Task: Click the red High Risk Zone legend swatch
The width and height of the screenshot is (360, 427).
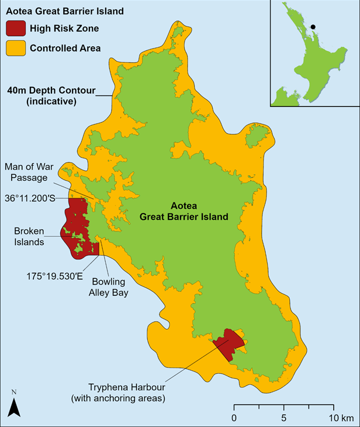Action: pyautogui.click(x=15, y=28)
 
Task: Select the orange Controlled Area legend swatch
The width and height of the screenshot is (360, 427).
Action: pyautogui.click(x=15, y=48)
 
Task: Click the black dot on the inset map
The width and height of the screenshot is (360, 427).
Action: pyautogui.click(x=313, y=26)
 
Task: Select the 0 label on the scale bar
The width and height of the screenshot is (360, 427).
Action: pyautogui.click(x=234, y=418)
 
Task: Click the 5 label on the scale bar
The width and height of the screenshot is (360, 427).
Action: pyautogui.click(x=283, y=418)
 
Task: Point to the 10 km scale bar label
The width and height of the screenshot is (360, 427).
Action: pyautogui.click(x=338, y=418)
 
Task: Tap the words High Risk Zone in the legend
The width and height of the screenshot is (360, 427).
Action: pyautogui.click(x=64, y=28)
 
